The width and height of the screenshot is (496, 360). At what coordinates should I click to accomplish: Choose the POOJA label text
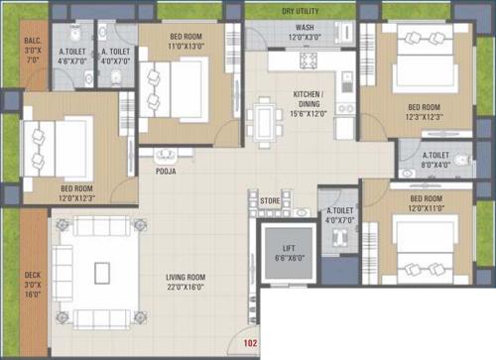pyautogui.click(x=166, y=170)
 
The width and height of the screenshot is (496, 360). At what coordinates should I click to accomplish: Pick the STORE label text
pyautogui.click(x=270, y=200)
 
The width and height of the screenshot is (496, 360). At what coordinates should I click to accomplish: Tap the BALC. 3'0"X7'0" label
pyautogui.click(x=32, y=51)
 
